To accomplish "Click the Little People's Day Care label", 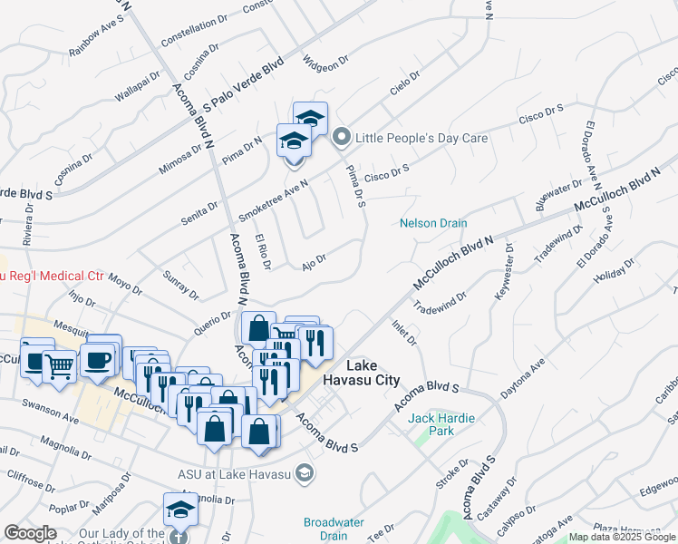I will pyautogui.click(x=422, y=139).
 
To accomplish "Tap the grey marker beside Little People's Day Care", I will pyautogui.click(x=342, y=139).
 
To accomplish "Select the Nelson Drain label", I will pyautogui.click(x=433, y=223).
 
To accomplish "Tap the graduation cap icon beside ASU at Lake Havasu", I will pyautogui.click(x=305, y=472).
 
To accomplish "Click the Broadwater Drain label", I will pyautogui.click(x=334, y=529).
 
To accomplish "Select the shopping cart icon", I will pyautogui.click(x=59, y=365).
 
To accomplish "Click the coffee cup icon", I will pyautogui.click(x=98, y=359).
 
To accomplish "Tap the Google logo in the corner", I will pyautogui.click(x=30, y=533).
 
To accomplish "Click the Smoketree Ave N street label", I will pyautogui.click(x=273, y=200).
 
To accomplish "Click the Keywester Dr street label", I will pyautogui.click(x=503, y=272).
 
